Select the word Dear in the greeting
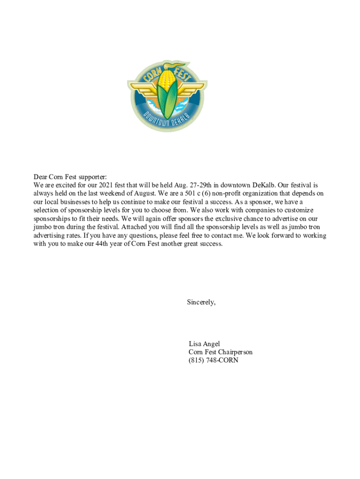click(40, 177)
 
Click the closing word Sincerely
click(201, 302)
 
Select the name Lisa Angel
click(204, 344)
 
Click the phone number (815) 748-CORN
click(213, 361)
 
